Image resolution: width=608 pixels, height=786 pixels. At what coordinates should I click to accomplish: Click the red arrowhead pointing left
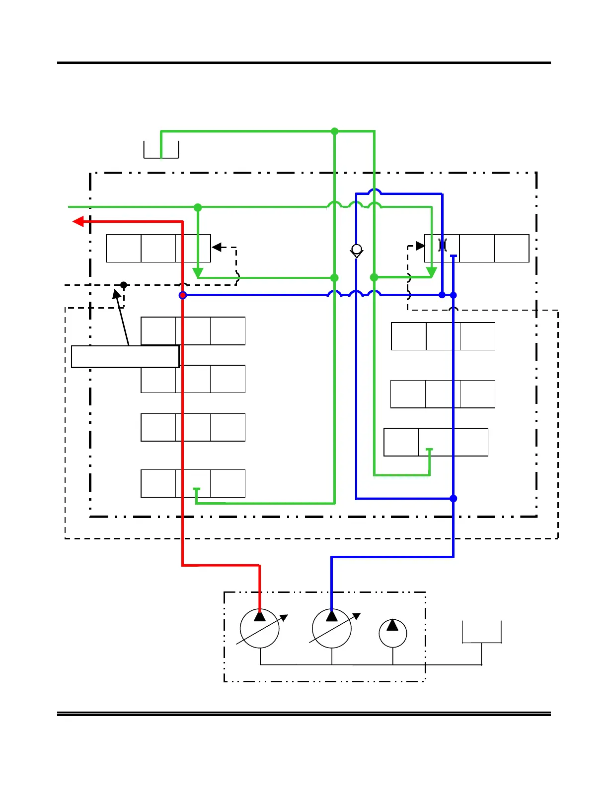point(78,221)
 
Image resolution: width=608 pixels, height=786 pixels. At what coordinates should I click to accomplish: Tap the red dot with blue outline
point(183,295)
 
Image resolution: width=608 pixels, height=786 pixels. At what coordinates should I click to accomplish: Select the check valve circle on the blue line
point(357,249)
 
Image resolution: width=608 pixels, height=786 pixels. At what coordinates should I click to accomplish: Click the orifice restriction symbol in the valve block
point(443,245)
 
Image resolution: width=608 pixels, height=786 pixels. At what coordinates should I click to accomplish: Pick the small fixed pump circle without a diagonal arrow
point(393,633)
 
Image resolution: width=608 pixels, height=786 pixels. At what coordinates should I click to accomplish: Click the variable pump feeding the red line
point(259,628)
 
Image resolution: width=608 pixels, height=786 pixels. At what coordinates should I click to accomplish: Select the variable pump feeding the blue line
point(332,628)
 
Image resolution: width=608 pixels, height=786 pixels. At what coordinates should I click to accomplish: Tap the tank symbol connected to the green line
point(161,150)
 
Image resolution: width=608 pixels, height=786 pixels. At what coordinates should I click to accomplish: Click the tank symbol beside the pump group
point(481,632)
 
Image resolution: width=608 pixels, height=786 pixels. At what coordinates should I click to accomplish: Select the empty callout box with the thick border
point(125,356)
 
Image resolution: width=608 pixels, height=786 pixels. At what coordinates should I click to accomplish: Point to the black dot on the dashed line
point(124,285)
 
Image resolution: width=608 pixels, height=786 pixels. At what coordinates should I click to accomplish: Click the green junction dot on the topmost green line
point(335,131)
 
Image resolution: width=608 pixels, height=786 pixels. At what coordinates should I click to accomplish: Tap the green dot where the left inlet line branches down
point(198,207)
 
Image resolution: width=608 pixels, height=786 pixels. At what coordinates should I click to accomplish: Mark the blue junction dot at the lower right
point(453,498)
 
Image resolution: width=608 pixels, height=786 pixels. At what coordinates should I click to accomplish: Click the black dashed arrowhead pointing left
point(216,247)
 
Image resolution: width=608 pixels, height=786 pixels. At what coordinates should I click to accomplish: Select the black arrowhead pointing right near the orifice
point(420,246)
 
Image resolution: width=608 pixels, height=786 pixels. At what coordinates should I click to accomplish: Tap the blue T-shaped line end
point(453,256)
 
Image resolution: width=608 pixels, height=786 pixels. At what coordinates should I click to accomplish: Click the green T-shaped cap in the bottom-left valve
point(197,489)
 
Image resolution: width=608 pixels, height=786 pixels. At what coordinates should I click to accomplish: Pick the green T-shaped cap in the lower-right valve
point(429,450)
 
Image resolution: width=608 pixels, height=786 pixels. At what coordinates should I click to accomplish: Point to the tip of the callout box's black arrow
point(115,290)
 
